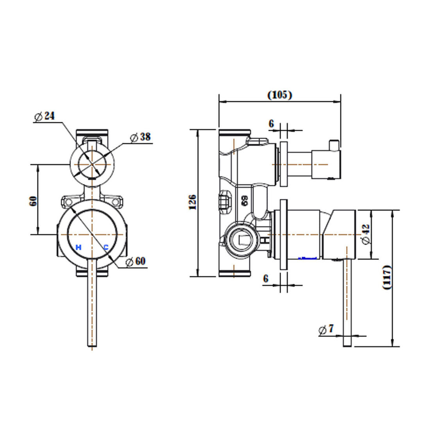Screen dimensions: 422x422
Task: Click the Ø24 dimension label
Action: (44, 116)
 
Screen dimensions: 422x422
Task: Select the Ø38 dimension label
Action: (140, 137)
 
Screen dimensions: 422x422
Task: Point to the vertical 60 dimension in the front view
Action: (33, 200)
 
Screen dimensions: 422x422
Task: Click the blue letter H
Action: (78, 247)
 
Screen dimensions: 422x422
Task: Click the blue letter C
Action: (105, 247)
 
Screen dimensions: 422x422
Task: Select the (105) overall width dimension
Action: (279, 95)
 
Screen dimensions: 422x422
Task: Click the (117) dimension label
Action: (387, 277)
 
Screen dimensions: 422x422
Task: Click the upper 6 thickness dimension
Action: (271, 124)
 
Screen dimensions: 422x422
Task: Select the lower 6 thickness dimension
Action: (266, 279)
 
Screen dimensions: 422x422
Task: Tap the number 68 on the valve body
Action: (245, 201)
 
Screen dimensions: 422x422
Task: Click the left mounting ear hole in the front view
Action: (67, 202)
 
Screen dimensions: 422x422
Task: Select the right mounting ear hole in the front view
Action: (116, 202)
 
